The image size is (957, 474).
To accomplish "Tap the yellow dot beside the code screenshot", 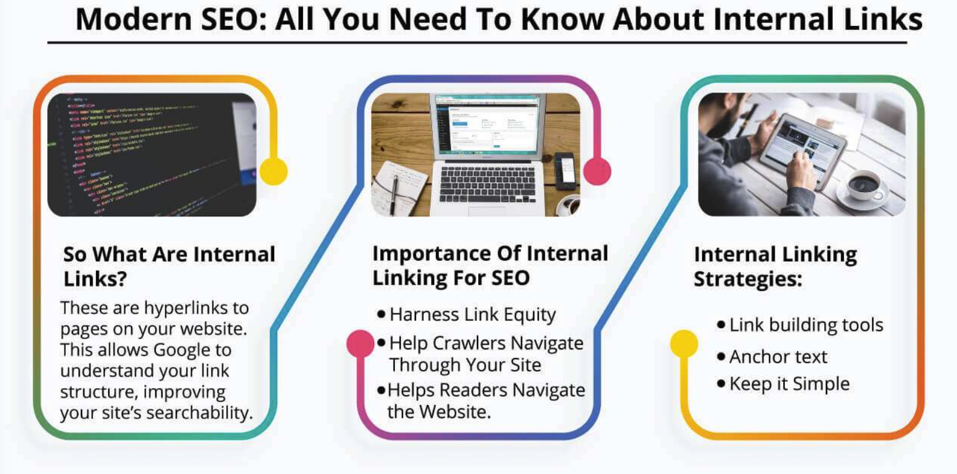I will [273, 171].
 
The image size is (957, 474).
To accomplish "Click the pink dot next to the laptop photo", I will [597, 171].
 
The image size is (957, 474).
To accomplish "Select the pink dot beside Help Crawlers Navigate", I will [360, 343].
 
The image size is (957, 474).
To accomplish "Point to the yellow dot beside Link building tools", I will [684, 343].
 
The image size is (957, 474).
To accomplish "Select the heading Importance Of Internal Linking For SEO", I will [490, 265].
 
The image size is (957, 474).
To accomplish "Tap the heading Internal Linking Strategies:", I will [775, 266].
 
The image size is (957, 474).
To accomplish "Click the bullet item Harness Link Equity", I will [472, 314].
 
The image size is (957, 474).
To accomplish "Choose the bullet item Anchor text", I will [778, 357].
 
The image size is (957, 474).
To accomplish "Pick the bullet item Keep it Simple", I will [789, 384].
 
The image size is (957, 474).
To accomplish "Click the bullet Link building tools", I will [805, 325].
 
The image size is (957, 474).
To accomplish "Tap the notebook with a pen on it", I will [398, 187].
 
